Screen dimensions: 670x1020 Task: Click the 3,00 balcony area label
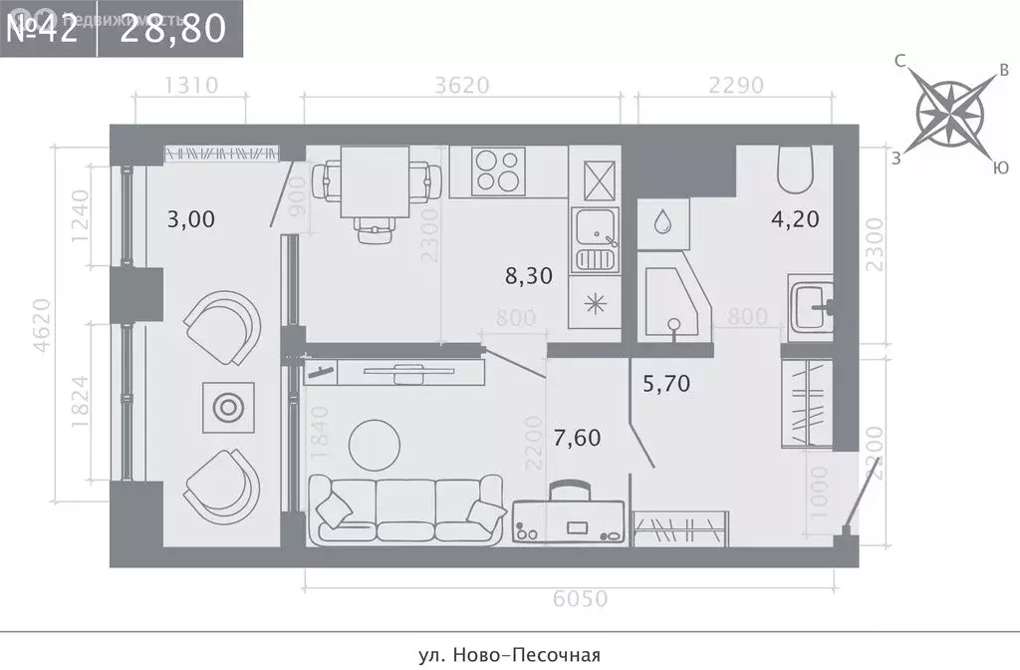pyautogui.click(x=191, y=218)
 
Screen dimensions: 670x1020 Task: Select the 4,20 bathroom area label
pyautogui.click(x=796, y=218)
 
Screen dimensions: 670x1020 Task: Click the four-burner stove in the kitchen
pyautogui.click(x=500, y=170)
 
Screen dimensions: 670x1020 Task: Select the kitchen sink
pyautogui.click(x=595, y=239)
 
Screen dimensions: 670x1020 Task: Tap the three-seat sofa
pyautogui.click(x=406, y=509)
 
